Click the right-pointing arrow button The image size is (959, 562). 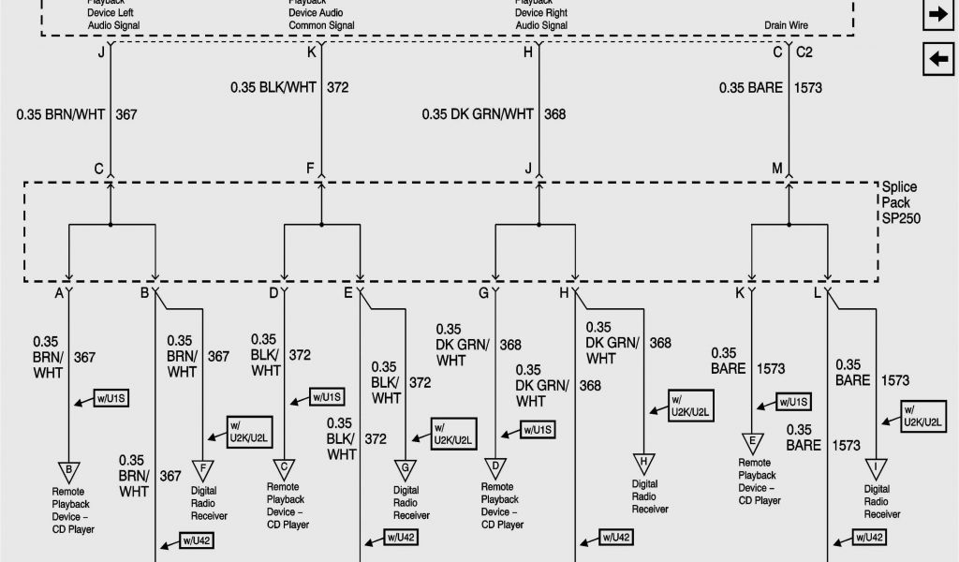tap(937, 14)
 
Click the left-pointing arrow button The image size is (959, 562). tap(937, 59)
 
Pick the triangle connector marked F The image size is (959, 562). tap(202, 467)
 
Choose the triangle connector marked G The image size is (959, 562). tap(406, 466)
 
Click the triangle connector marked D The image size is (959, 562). tap(494, 467)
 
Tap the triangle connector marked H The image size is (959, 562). tap(643, 461)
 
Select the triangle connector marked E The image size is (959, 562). tap(751, 442)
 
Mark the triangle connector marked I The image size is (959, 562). tap(876, 467)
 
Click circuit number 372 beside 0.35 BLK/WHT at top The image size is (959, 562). tap(338, 87)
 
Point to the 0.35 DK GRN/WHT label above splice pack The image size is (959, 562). tap(477, 114)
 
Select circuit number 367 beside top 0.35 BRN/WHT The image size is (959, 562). tap(125, 114)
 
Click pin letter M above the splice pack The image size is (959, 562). tap(776, 169)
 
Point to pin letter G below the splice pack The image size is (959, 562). tap(483, 293)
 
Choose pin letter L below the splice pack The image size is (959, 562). tap(817, 293)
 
